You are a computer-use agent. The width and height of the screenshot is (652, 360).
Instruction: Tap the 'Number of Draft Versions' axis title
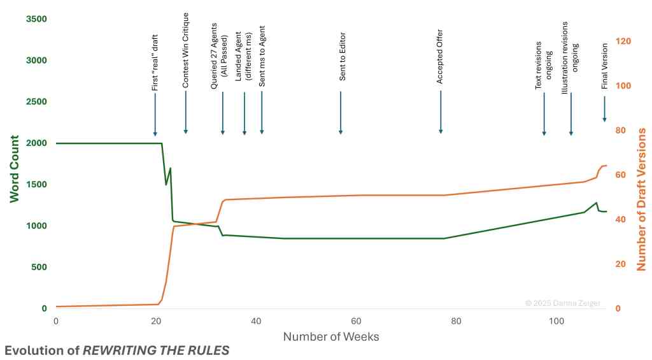tap(641, 199)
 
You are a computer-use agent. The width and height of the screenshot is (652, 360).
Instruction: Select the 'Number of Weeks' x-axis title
tap(330, 336)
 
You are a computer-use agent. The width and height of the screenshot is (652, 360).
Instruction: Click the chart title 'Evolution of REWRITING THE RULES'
tap(117, 350)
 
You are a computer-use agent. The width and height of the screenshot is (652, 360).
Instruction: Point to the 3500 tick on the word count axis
tap(36, 19)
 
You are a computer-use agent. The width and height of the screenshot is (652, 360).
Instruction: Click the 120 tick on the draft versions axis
tap(624, 41)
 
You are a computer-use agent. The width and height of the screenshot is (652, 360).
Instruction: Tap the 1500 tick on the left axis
tap(36, 185)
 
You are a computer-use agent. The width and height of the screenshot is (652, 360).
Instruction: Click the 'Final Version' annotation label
tap(605, 66)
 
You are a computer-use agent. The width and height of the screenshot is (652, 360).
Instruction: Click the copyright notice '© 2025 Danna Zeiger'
tap(562, 303)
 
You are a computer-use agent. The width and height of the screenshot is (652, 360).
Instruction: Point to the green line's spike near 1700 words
tap(170, 168)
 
